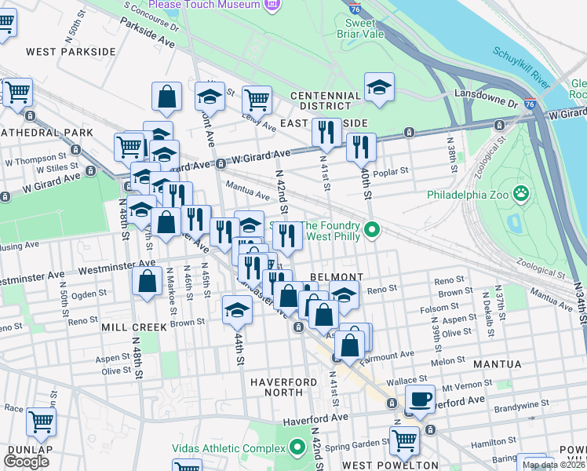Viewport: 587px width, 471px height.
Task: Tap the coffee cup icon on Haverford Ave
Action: pyautogui.click(x=420, y=398)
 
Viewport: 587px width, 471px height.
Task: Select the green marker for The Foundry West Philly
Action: pyautogui.click(x=374, y=230)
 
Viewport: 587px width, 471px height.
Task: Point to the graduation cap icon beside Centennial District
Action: pyautogui.click(x=379, y=86)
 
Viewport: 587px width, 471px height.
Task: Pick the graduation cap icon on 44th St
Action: pyautogui.click(x=237, y=309)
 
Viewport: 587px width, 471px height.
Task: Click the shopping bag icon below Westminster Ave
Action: pyautogui.click(x=147, y=281)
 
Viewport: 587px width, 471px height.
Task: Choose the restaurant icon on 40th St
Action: pyautogui.click(x=361, y=146)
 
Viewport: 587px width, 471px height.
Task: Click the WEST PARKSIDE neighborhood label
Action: pyautogui.click(x=71, y=52)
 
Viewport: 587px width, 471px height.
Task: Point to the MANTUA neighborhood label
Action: pyautogui.click(x=497, y=364)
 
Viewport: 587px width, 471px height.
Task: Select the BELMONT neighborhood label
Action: pyautogui.click(x=336, y=277)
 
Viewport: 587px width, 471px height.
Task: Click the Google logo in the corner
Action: pyautogui.click(x=26, y=462)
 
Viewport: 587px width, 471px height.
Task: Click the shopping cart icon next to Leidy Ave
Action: pyautogui.click(x=257, y=100)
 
